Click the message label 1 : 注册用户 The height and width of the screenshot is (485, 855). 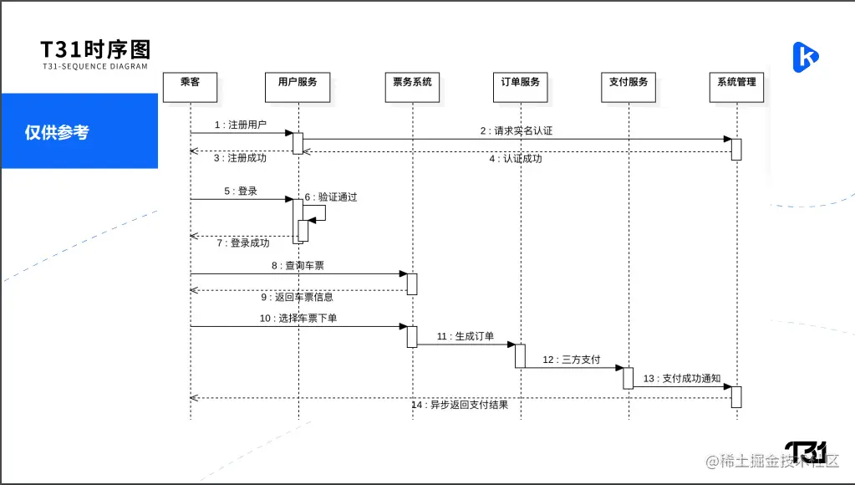point(240,125)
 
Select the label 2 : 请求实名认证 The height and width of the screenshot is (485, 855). point(516,131)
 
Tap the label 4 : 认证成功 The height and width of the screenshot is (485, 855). point(515,159)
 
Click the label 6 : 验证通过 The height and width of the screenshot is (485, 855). point(330,197)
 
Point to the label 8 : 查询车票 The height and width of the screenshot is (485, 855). point(298,266)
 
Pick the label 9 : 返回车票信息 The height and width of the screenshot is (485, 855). point(298,297)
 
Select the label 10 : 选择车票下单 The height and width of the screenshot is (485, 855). point(298,319)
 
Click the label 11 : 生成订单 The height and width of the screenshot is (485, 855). point(465,337)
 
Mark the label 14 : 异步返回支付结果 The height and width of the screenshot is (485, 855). point(459,406)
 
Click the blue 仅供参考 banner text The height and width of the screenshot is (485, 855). point(57,132)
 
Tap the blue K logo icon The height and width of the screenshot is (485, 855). point(805,56)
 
